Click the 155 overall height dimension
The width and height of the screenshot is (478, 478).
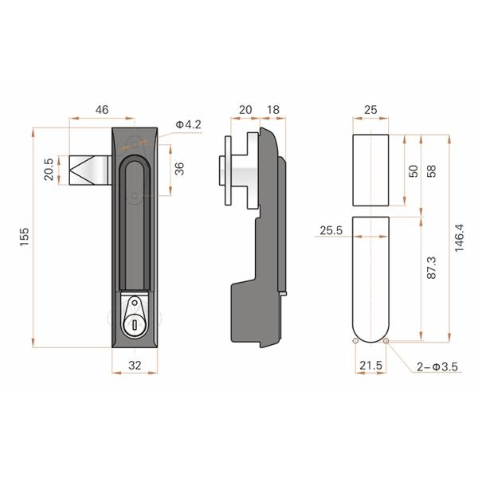pos(25,237)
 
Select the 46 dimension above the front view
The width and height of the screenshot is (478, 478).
pos(102,110)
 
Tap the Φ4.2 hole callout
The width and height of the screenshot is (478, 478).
pos(188,124)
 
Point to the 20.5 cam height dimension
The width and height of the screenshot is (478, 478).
pos(49,170)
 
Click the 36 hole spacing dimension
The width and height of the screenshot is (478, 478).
pos(179,169)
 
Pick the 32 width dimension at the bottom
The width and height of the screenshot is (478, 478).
pos(135,365)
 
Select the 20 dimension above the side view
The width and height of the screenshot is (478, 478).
pos(245,110)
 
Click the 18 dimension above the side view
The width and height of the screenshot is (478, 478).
pos(272,110)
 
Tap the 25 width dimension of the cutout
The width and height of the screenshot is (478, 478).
pos(370,110)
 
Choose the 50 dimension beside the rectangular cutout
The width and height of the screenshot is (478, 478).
pos(413,171)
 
